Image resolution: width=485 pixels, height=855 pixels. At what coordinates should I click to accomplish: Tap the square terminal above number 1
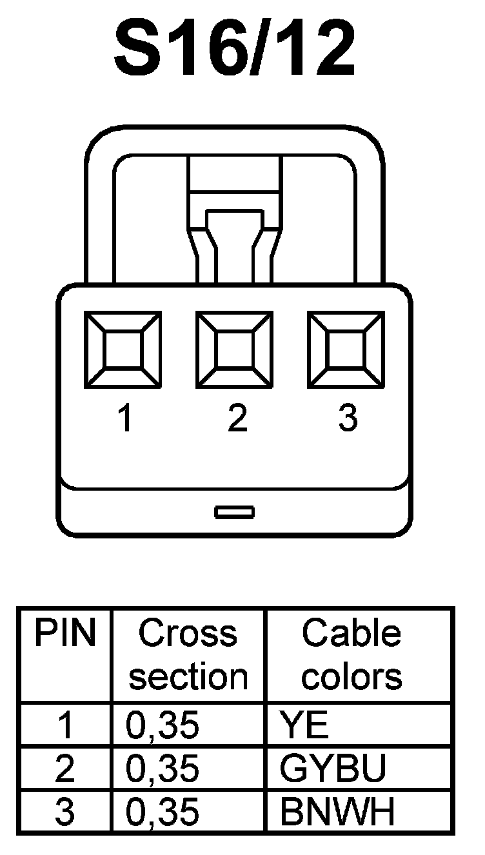click(x=123, y=350)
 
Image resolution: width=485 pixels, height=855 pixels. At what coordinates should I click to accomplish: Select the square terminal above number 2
click(x=234, y=350)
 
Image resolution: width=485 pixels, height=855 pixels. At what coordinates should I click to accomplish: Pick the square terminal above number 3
click(x=346, y=350)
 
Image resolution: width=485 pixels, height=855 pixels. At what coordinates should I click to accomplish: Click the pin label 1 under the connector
click(x=125, y=420)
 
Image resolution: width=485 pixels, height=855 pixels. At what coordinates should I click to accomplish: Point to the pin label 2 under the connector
click(x=237, y=420)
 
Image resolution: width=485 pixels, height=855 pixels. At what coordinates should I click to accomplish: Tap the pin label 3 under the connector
click(x=348, y=420)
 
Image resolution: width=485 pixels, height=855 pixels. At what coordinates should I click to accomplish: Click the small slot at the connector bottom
click(x=234, y=513)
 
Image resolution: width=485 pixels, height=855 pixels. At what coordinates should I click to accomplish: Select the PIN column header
click(x=64, y=634)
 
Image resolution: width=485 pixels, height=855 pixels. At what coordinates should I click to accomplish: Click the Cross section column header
click(x=188, y=654)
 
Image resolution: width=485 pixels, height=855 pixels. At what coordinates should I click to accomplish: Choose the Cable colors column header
click(x=351, y=654)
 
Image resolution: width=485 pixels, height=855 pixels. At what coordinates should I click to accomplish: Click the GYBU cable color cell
click(x=333, y=769)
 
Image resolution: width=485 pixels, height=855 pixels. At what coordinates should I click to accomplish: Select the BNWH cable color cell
click(x=337, y=812)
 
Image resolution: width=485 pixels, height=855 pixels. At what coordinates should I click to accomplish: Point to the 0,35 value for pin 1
click(x=163, y=725)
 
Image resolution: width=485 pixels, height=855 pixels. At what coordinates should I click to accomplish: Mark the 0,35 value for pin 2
click(x=163, y=769)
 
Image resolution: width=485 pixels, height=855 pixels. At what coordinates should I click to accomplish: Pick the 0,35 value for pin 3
click(x=163, y=812)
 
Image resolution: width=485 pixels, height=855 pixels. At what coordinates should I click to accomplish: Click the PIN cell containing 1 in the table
click(x=65, y=725)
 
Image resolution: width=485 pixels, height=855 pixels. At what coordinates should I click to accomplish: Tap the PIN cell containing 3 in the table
click(x=65, y=812)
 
